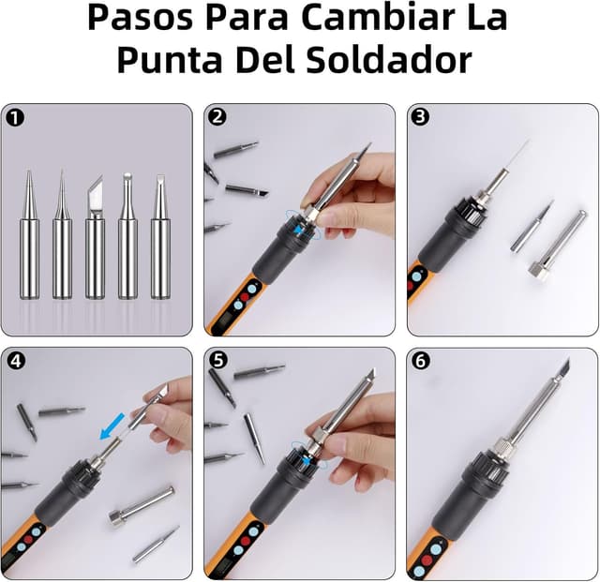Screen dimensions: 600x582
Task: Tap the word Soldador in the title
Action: tap(389, 60)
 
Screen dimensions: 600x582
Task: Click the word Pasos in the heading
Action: tap(140, 18)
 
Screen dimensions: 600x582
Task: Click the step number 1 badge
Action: tap(15, 118)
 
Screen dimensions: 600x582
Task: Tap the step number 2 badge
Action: tap(217, 116)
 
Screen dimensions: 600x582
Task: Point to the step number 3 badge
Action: tap(420, 116)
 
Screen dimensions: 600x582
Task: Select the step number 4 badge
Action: tap(16, 361)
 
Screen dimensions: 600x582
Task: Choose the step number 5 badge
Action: tap(218, 360)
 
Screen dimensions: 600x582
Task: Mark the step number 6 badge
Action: tap(421, 361)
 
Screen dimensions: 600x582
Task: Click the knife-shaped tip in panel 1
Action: tap(95, 237)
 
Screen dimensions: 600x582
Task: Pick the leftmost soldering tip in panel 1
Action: tap(29, 234)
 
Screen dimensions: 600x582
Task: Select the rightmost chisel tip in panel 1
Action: tap(160, 236)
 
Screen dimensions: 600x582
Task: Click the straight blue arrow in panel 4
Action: tap(112, 425)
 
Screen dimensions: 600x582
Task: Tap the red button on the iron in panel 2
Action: tap(245, 297)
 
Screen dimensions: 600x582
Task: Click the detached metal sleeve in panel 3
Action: tap(558, 246)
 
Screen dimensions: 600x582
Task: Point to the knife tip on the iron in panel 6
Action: tap(562, 369)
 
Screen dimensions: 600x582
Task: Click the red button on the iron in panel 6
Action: tap(427, 560)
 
